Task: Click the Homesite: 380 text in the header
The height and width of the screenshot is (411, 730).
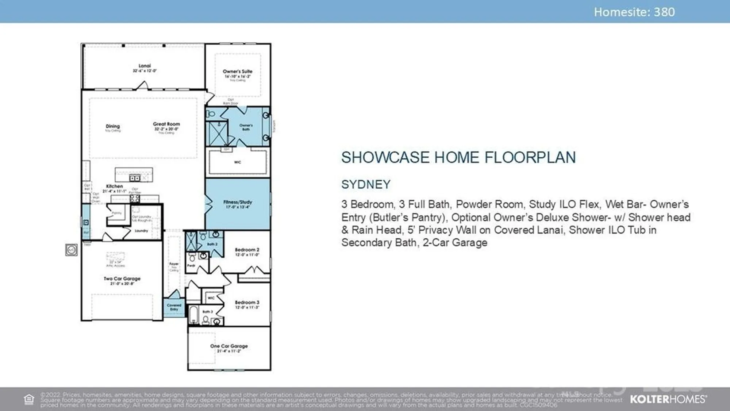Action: click(x=634, y=12)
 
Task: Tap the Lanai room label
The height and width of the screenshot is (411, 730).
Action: click(x=145, y=66)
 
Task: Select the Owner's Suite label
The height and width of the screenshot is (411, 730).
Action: click(x=238, y=72)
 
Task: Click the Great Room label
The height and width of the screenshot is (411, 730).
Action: click(x=166, y=124)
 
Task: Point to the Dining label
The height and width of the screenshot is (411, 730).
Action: click(x=113, y=126)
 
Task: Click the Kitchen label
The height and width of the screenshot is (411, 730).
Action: click(x=114, y=186)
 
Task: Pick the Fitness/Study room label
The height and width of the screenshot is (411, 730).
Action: click(x=238, y=202)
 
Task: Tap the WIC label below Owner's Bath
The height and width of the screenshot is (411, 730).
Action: click(x=238, y=162)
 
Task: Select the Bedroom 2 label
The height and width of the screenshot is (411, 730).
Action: click(x=247, y=250)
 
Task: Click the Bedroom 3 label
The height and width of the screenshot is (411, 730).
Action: click(x=247, y=303)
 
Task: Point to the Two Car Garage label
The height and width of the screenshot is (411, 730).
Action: click(x=122, y=279)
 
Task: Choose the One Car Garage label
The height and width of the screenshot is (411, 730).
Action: click(x=229, y=346)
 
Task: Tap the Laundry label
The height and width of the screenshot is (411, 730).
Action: click(x=141, y=231)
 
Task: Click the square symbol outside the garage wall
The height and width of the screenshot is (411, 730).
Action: click(x=72, y=250)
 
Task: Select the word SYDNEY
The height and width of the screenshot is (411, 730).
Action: click(x=366, y=185)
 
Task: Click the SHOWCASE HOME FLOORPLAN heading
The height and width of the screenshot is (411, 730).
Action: click(x=458, y=158)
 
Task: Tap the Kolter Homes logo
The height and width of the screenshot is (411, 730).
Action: click(x=668, y=399)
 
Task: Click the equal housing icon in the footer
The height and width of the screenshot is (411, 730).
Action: click(x=29, y=399)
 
